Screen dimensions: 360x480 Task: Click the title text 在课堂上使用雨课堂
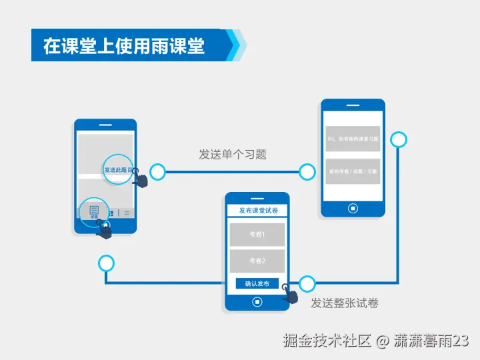[x=124, y=45]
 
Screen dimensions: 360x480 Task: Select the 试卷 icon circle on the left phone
[x=94, y=212]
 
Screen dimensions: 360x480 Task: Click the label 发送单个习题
[x=233, y=154]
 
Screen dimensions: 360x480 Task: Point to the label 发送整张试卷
[x=345, y=303]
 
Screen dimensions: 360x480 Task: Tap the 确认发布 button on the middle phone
[x=257, y=284]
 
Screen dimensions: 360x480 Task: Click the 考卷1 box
[x=257, y=235]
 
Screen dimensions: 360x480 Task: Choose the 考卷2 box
[x=257, y=261]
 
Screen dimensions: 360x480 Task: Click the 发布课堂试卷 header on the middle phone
[x=257, y=211]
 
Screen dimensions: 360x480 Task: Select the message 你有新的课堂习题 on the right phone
[x=353, y=139]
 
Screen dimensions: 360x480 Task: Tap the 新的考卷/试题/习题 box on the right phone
[x=353, y=171]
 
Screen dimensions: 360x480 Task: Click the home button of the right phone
[x=353, y=207]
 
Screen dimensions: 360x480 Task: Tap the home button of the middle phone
[x=257, y=301]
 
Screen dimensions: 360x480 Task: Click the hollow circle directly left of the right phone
[x=307, y=173]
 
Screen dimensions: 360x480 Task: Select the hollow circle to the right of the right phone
[x=399, y=139]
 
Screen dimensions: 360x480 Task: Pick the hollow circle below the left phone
[x=106, y=263]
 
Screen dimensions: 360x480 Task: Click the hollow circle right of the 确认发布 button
[x=307, y=284]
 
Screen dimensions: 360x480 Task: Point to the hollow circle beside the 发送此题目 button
[x=157, y=173]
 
